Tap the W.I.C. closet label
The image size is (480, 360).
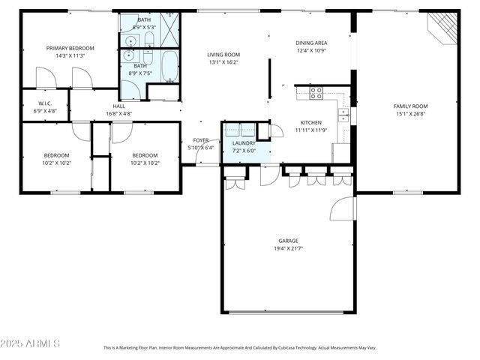pyautogui.click(x=45, y=103)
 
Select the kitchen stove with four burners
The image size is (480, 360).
pyautogui.click(x=316, y=93)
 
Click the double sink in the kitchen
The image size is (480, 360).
pyautogui.click(x=343, y=115)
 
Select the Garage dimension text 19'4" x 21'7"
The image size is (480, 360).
pyautogui.click(x=289, y=248)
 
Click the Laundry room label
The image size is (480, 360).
pyautogui.click(x=244, y=142)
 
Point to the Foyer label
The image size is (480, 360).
pyautogui.click(x=201, y=140)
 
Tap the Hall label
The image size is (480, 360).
pyautogui.click(x=118, y=106)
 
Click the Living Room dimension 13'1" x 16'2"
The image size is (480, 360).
pyautogui.click(x=223, y=63)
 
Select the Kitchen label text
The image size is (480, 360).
pyautogui.click(x=311, y=122)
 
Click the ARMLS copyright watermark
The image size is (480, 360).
pyautogui.click(x=30, y=343)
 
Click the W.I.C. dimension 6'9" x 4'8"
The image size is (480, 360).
pyautogui.click(x=45, y=111)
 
